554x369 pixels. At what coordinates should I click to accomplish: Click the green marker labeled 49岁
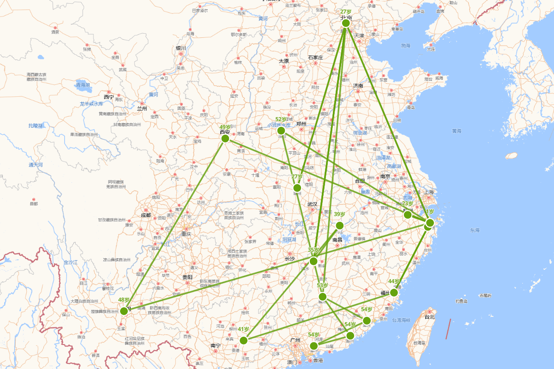pyautogui.click(x=225, y=138)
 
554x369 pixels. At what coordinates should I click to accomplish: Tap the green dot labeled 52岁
pyautogui.click(x=281, y=131)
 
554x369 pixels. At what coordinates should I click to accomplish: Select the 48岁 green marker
pyautogui.click(x=124, y=311)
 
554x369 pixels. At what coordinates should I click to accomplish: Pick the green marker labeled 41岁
pyautogui.click(x=244, y=340)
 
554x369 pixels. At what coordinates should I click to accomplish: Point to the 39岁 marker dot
pyautogui.click(x=340, y=226)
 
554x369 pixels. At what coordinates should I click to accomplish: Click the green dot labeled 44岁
pyautogui.click(x=394, y=292)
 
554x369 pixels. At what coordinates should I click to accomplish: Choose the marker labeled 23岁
pyautogui.click(x=408, y=214)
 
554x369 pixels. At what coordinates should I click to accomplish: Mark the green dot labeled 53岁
pyautogui.click(x=323, y=297)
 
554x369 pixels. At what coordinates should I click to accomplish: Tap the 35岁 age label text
pyautogui.click(x=313, y=250)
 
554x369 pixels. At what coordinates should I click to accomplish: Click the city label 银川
pyautogui.click(x=181, y=48)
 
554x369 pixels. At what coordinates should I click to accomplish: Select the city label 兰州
pyautogui.click(x=142, y=109)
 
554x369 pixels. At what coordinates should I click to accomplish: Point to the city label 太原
pyautogui.click(x=283, y=61)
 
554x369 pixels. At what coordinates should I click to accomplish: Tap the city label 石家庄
pyautogui.click(x=315, y=58)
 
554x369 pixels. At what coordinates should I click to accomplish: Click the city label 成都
pyautogui.click(x=145, y=215)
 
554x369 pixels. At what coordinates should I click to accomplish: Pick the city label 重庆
pyautogui.click(x=186, y=234)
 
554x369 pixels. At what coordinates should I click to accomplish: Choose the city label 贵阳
pyautogui.click(x=187, y=277)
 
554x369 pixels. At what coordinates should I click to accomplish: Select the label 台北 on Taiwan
pyautogui.click(x=429, y=317)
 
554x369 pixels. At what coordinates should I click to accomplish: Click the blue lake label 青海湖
pyautogui.click(x=83, y=85)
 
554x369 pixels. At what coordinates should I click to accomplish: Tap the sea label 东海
pyautogui.click(x=475, y=230)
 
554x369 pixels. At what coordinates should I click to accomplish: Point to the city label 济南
pyautogui.click(x=358, y=86)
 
